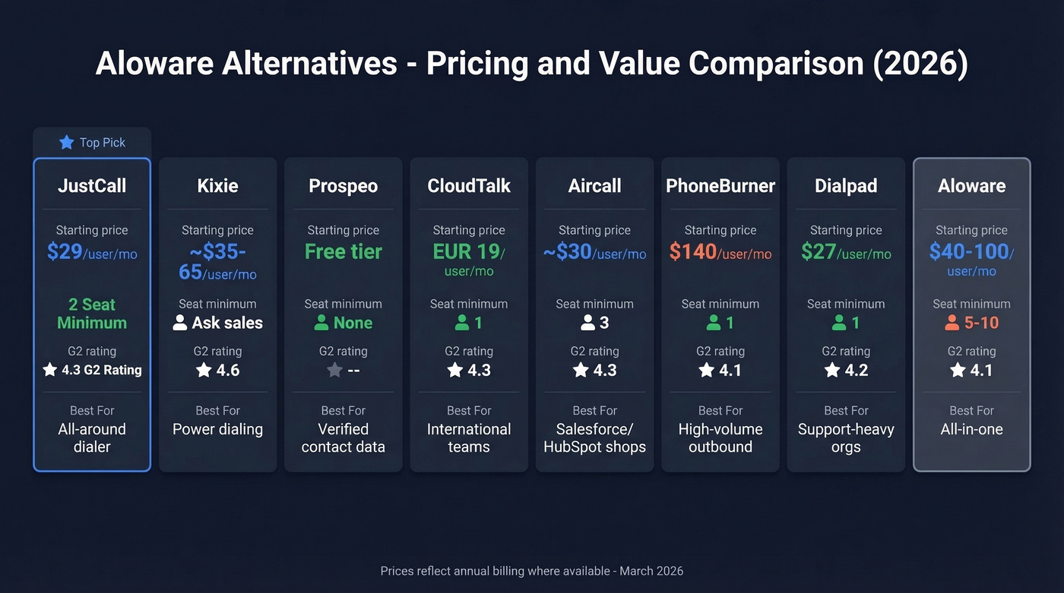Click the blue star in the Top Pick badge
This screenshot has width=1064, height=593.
[x=67, y=143]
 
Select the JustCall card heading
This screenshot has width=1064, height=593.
[x=92, y=186]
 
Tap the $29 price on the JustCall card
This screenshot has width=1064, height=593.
[x=65, y=251]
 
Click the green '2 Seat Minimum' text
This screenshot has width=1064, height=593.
[x=92, y=314]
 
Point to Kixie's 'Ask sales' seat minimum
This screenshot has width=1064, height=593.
[x=226, y=323]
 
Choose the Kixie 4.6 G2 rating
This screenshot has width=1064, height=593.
[x=227, y=371]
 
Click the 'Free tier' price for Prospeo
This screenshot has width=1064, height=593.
[x=344, y=251]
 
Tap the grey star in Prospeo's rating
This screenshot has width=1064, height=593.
[x=334, y=371]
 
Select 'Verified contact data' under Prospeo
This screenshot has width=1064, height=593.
[x=344, y=438]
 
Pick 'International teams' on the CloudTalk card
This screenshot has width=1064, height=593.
[x=469, y=438]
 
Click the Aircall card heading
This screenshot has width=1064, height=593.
[x=595, y=186]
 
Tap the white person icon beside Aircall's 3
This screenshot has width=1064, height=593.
[x=587, y=323]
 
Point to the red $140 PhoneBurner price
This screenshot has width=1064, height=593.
[x=694, y=251]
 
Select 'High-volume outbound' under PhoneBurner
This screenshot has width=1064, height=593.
[x=720, y=438]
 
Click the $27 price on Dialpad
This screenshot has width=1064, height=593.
[x=819, y=251]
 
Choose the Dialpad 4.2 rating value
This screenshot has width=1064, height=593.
[x=855, y=371]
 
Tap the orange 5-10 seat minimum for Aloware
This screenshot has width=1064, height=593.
[x=981, y=323]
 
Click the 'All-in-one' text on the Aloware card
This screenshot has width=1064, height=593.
[x=972, y=429]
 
